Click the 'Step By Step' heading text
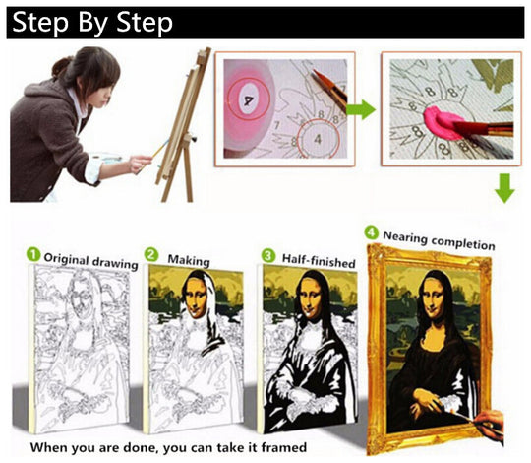pyautogui.click(x=92, y=23)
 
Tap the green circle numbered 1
pyautogui.click(x=33, y=254)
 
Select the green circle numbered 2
pyautogui.click(x=151, y=254)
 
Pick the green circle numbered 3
pyautogui.click(x=268, y=255)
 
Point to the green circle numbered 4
pyautogui.click(x=371, y=232)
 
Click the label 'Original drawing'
pyautogui.click(x=90, y=261)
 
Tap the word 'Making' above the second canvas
pyautogui.click(x=189, y=260)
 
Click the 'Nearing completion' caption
pyautogui.click(x=439, y=240)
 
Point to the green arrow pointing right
pyautogui.click(x=361, y=109)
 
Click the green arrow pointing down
pyautogui.click(x=504, y=188)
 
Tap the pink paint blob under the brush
pyautogui.click(x=442, y=122)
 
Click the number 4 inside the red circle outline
pyautogui.click(x=318, y=139)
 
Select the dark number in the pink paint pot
pyautogui.click(x=249, y=100)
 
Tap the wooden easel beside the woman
pyautogui.click(x=183, y=125)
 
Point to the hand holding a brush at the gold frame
pyautogui.click(x=489, y=427)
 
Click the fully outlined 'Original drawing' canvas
pyautogui.click(x=81, y=350)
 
